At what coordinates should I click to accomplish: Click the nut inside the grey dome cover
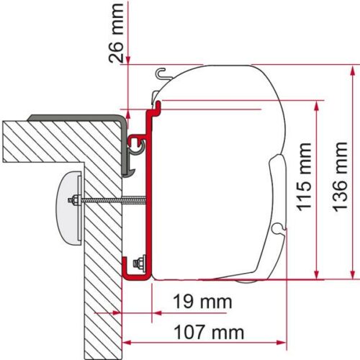click(x=73, y=200)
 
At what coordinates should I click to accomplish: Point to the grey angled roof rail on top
click(x=72, y=116)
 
